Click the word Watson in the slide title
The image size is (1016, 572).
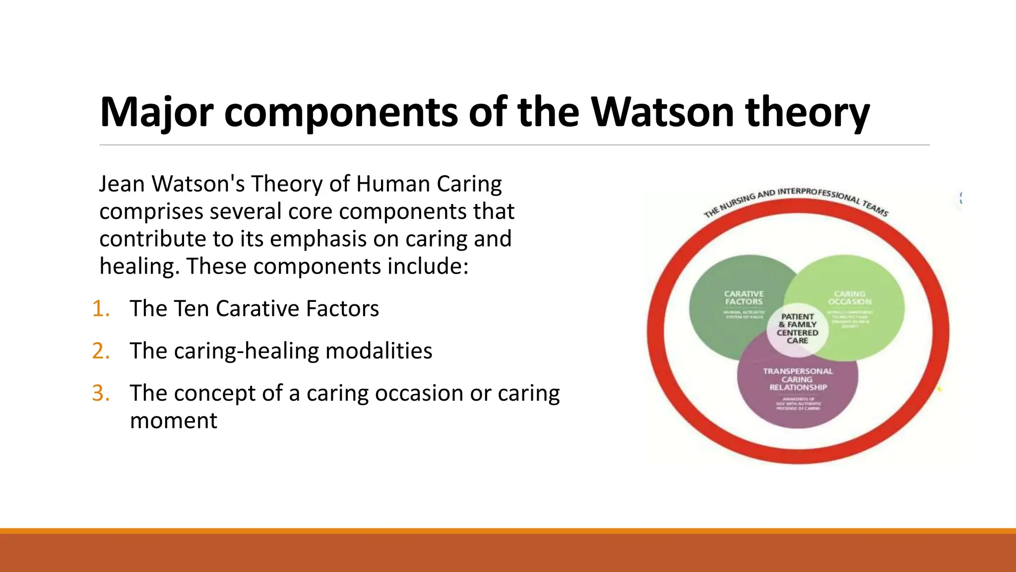click(x=663, y=112)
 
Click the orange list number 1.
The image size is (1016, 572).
click(x=101, y=309)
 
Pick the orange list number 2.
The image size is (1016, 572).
click(x=101, y=351)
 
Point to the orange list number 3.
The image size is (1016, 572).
click(x=101, y=393)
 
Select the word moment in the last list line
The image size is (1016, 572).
click(x=173, y=421)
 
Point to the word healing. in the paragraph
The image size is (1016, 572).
click(x=139, y=267)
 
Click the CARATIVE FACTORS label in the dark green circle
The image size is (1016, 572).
click(x=744, y=298)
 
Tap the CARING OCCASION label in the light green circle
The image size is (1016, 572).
click(x=849, y=298)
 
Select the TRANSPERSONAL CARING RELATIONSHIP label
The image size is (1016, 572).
click(x=798, y=379)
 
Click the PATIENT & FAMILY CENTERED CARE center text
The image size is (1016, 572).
click(x=797, y=329)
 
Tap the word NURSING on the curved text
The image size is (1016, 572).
click(x=738, y=201)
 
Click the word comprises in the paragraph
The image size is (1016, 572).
click(x=151, y=212)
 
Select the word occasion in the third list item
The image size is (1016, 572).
click(x=420, y=393)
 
